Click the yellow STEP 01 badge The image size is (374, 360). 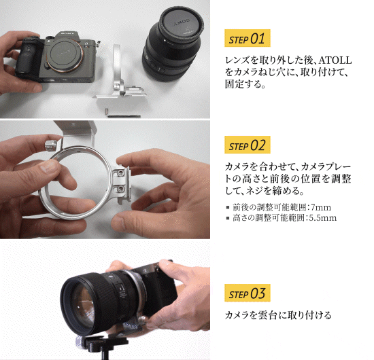tap(247, 38)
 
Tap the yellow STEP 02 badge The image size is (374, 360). tap(247, 145)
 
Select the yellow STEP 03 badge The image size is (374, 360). tap(247, 293)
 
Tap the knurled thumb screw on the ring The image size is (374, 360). tap(51, 145)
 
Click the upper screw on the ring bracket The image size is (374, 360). tap(120, 173)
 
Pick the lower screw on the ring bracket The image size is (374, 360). tap(121, 190)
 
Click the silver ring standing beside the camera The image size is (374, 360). tap(116, 65)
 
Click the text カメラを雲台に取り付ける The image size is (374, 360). tap(278, 315)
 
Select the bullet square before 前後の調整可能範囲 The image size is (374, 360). tap(228, 208)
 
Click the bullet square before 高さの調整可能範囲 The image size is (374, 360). tap(228, 218)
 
